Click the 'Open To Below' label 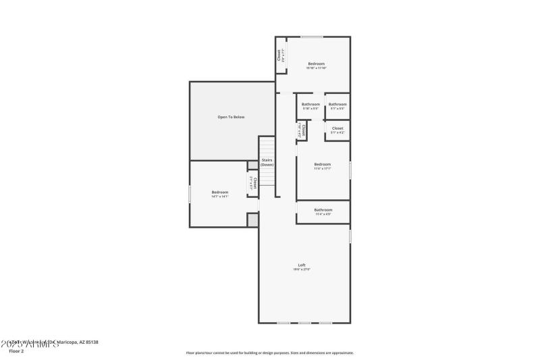coord(231,117)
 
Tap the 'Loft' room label coord(302,265)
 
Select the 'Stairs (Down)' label coord(267,163)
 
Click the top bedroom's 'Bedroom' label coord(317,64)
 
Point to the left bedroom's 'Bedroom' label coord(220,192)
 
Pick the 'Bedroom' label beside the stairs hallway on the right coord(323,165)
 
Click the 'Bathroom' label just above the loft coord(323,210)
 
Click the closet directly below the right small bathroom coord(337,129)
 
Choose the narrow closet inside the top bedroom coord(280,55)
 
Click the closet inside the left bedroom coord(253,182)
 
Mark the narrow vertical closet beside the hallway coord(302,129)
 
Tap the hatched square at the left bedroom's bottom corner coord(252,220)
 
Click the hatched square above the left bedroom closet coord(252,165)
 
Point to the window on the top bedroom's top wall coord(311,37)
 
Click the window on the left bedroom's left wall coord(190,195)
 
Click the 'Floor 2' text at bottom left coord(17,351)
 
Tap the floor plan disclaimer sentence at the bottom coord(269,353)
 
